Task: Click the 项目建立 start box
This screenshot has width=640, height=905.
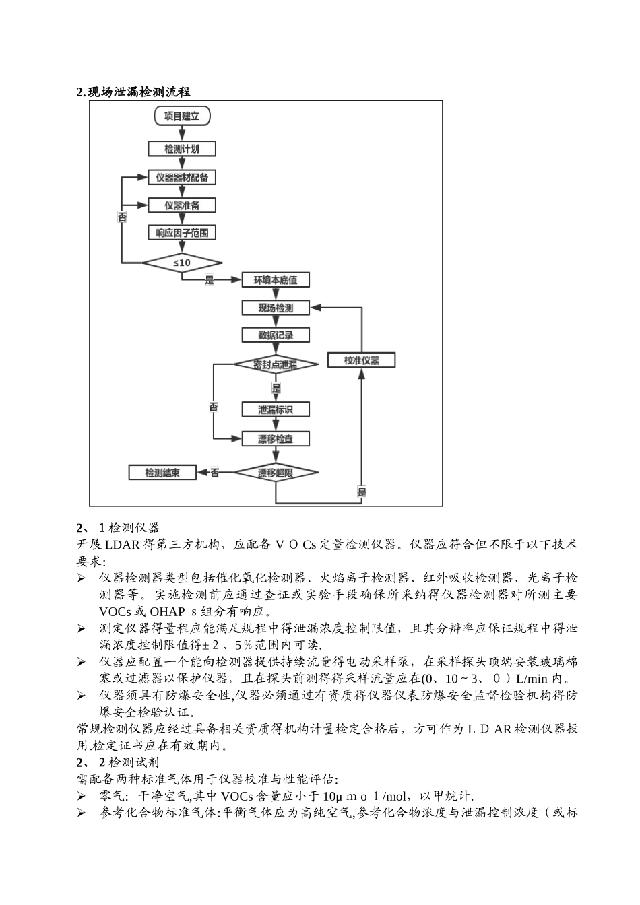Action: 182,116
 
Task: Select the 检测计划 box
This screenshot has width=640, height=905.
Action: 182,149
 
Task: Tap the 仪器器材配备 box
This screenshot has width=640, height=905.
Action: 182,178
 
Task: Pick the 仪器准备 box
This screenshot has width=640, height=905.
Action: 182,205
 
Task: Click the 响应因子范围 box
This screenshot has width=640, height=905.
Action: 182,233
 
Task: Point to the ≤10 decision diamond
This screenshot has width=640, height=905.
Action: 182,262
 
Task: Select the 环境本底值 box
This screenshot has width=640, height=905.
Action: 276,280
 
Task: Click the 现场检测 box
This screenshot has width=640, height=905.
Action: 276,308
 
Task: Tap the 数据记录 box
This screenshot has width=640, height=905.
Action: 276,335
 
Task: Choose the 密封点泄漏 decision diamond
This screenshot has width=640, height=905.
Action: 276,364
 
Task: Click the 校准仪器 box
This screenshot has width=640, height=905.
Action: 361,360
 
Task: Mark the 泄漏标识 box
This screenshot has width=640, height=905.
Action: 276,409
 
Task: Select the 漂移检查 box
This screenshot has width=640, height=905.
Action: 276,439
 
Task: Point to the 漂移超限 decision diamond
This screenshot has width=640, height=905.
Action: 276,473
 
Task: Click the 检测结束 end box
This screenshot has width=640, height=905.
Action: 162,473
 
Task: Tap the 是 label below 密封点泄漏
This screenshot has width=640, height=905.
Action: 276,389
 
